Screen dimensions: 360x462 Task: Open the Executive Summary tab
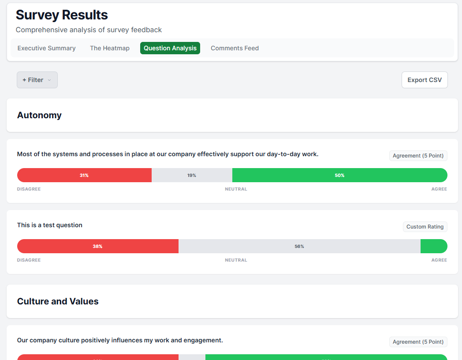click(46, 48)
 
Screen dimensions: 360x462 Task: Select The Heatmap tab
click(110, 48)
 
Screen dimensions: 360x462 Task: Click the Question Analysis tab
click(170, 48)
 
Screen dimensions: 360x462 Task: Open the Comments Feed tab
click(235, 48)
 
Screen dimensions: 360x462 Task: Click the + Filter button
click(37, 80)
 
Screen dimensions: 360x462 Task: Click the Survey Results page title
click(62, 15)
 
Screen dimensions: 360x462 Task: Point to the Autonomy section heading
click(39, 115)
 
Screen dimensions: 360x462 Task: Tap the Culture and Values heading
click(58, 301)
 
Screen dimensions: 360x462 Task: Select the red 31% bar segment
click(84, 175)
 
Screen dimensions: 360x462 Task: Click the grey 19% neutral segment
click(192, 175)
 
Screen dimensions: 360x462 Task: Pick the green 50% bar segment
click(339, 175)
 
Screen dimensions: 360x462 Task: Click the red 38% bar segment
click(97, 246)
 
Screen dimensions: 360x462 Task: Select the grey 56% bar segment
click(299, 246)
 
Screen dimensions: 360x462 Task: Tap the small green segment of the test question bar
click(434, 246)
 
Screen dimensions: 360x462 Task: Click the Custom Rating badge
click(425, 227)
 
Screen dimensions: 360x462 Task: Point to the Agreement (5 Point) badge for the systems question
click(418, 156)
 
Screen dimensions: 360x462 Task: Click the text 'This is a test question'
click(50, 225)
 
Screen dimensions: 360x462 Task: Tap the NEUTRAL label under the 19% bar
click(236, 189)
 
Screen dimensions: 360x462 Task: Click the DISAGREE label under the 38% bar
click(29, 260)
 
